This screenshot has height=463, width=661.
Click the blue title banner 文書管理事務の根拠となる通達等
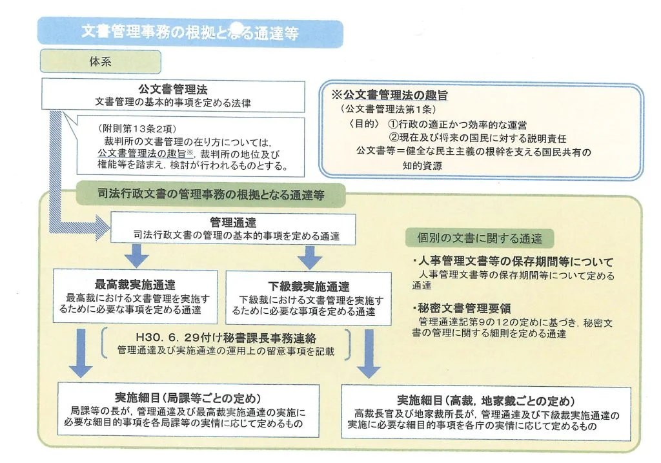[x=190, y=32]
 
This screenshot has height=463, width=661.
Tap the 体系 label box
[x=100, y=62]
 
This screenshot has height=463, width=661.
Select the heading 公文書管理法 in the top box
[x=172, y=89]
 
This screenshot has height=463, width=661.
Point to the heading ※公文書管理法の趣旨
[x=394, y=95]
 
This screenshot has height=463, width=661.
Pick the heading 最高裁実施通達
[x=135, y=285]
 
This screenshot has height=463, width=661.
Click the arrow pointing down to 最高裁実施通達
[x=136, y=256]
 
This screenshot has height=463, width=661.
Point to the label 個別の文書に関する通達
[x=474, y=238]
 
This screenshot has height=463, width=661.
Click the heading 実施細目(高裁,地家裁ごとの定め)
[x=485, y=400]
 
